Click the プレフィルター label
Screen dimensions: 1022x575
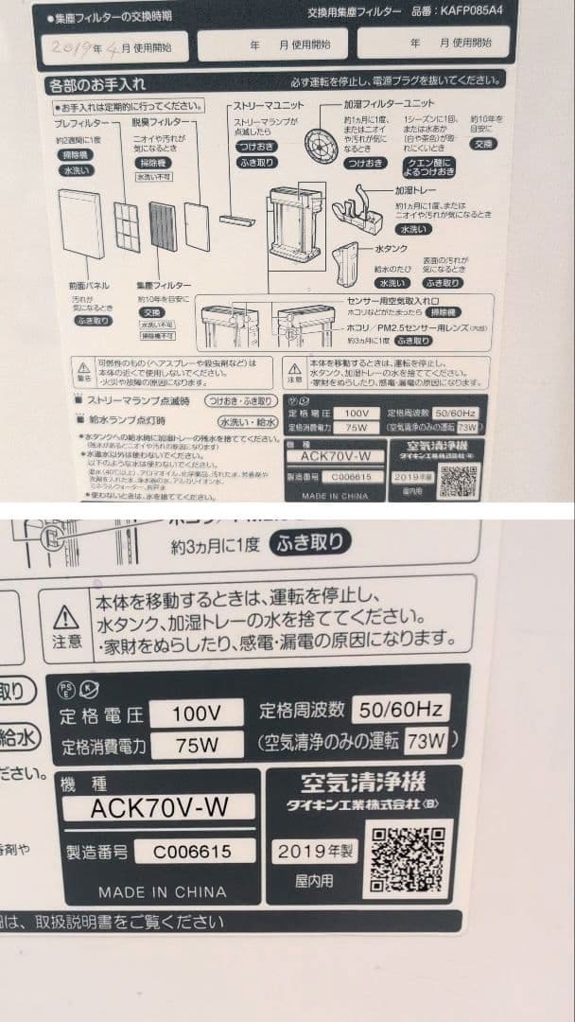(x=78, y=123)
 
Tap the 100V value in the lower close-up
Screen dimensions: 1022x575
(x=197, y=711)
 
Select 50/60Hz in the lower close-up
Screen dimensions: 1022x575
(x=399, y=708)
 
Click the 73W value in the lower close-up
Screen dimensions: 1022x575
(x=426, y=741)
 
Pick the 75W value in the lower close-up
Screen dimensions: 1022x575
(x=197, y=745)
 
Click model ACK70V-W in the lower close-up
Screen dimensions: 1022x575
(x=159, y=807)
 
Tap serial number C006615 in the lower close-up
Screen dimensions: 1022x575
(x=195, y=851)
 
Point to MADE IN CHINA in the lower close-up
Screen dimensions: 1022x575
(x=162, y=891)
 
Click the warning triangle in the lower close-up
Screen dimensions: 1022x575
(x=66, y=618)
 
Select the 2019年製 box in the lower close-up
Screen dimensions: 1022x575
(x=316, y=851)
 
